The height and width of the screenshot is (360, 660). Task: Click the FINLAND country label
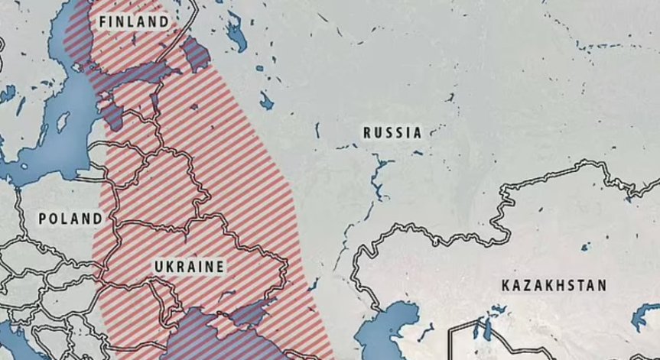point(133,22)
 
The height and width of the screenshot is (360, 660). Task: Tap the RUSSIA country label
point(392,133)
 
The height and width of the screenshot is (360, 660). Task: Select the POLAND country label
point(70,219)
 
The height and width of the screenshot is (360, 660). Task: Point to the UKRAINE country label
point(189,266)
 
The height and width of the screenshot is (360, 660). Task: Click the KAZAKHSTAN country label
point(554,286)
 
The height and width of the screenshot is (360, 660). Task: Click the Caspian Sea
point(397,321)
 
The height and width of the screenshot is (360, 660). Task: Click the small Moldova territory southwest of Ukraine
point(160,294)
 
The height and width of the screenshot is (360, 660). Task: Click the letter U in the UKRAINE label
point(158,266)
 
